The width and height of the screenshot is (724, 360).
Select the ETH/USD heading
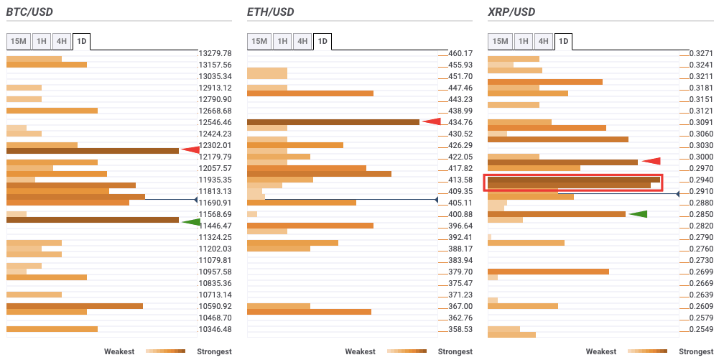tap(270, 12)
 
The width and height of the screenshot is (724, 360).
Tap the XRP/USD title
tap(511, 12)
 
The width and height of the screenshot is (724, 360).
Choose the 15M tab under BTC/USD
tap(18, 41)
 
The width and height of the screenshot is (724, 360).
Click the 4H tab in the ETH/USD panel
tap(302, 41)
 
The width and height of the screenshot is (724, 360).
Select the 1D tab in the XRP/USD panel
tap(564, 41)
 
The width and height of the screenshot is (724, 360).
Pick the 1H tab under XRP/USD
tap(523, 41)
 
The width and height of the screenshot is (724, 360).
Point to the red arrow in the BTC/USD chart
tap(190, 150)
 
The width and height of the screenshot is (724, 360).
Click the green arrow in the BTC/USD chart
tap(190, 222)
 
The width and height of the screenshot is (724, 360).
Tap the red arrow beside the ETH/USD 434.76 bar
tap(431, 121)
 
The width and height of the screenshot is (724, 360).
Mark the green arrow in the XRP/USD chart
tap(638, 213)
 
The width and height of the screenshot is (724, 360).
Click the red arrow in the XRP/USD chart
tap(651, 161)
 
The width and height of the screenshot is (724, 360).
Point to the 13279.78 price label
tap(215, 53)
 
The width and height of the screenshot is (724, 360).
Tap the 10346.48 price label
tap(215, 329)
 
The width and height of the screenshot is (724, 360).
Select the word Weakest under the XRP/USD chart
tap(601, 351)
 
